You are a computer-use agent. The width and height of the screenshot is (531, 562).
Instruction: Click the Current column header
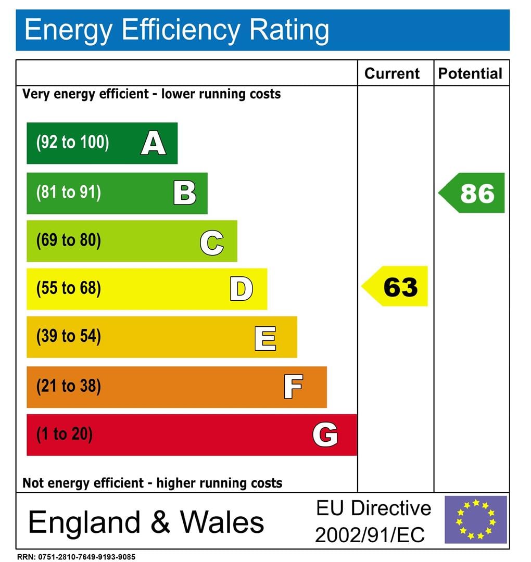point(391,73)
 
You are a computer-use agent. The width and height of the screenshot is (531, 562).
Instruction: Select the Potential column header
point(470,73)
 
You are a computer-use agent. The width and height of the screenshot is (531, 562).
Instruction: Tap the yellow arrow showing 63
point(396,287)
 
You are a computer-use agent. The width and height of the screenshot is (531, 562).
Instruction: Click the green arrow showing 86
point(473,193)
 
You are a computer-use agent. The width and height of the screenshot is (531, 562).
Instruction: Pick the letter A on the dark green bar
point(153,143)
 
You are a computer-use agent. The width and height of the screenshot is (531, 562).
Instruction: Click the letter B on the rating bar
point(185,193)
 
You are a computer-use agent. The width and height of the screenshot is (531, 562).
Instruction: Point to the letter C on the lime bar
point(212,242)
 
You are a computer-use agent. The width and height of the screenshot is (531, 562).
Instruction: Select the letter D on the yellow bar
point(241,289)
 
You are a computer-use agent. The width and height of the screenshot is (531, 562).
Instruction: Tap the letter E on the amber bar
point(265,338)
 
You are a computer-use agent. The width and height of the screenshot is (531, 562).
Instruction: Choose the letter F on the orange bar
point(293,387)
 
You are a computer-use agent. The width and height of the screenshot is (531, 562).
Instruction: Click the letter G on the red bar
point(325,435)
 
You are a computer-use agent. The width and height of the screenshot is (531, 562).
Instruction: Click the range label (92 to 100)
point(72,143)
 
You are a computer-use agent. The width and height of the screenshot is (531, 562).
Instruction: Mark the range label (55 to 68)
point(68,288)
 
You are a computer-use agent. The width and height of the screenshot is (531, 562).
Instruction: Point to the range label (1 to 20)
point(64,435)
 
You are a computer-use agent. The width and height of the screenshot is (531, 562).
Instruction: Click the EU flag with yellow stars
point(475,519)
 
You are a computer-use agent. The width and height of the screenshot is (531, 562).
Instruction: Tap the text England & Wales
point(146,521)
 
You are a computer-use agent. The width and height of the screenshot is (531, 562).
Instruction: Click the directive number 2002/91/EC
point(370,534)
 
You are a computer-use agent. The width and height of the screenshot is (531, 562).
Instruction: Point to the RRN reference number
point(76,557)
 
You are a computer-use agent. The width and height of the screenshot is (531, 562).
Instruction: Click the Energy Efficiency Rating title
point(177,30)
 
